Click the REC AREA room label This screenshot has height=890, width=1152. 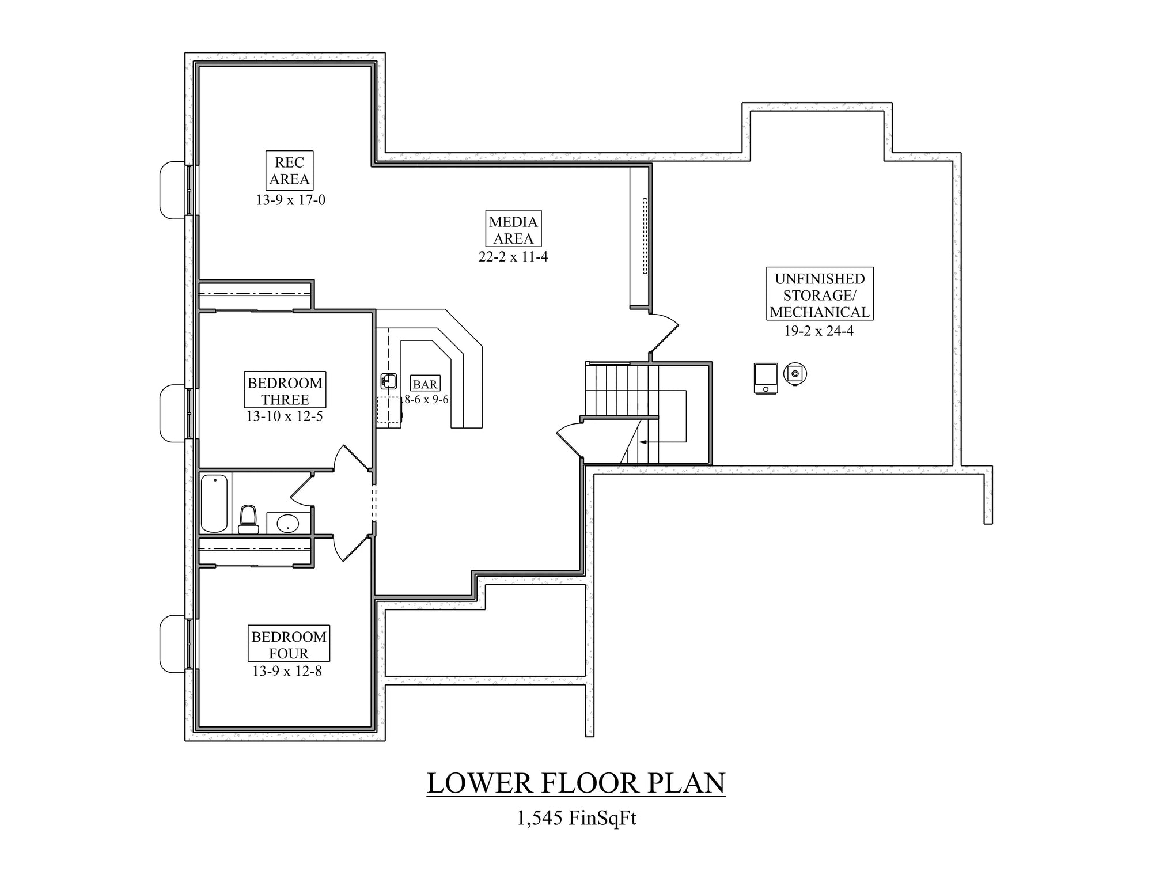pyautogui.click(x=289, y=171)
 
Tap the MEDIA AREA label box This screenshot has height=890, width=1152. pyautogui.click(x=513, y=229)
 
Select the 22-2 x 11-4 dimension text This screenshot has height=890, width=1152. pyautogui.click(x=513, y=257)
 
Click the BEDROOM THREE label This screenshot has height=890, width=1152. pyautogui.click(x=285, y=391)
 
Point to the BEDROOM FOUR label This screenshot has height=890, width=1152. pyautogui.click(x=289, y=644)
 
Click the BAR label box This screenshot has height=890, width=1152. pyautogui.click(x=426, y=384)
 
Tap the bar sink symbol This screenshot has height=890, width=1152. pyautogui.click(x=389, y=381)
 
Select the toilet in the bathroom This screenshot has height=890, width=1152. pyautogui.click(x=248, y=519)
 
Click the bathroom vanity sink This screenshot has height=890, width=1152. pyautogui.click(x=287, y=524)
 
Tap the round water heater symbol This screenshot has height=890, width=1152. pyautogui.click(x=795, y=373)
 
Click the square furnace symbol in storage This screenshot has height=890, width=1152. pyautogui.click(x=766, y=378)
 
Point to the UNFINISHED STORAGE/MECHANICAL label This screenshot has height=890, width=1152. pyautogui.click(x=820, y=295)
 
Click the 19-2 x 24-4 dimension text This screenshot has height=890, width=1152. pyautogui.click(x=818, y=331)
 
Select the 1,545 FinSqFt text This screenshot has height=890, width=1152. pyautogui.click(x=576, y=818)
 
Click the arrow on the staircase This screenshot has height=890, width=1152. pyautogui.click(x=643, y=442)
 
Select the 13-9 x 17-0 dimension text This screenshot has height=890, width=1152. pyautogui.click(x=290, y=200)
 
